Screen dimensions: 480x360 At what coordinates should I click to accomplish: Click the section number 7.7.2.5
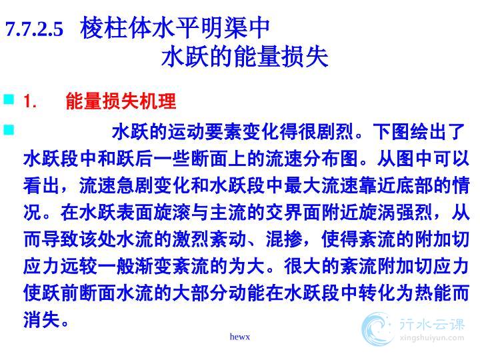point(34,29)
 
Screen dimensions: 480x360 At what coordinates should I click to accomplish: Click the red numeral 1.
point(30,101)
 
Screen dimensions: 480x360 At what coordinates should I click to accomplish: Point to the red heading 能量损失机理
point(121,101)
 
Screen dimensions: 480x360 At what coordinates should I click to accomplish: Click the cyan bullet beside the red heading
point(9,99)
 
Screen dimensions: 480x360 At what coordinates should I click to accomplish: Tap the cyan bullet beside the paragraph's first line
point(9,129)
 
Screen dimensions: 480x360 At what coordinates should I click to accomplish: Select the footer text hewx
point(240,337)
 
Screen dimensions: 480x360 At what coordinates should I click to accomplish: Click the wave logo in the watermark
point(377,329)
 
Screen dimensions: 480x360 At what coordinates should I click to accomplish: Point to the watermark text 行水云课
point(432,325)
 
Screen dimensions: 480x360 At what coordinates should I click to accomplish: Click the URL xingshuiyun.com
point(432,338)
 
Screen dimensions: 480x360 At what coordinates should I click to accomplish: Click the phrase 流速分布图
point(312,159)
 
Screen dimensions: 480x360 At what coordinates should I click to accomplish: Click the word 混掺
point(284,239)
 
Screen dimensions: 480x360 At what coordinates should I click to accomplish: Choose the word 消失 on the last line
point(41,319)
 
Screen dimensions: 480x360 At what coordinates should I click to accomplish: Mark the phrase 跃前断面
point(79,293)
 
